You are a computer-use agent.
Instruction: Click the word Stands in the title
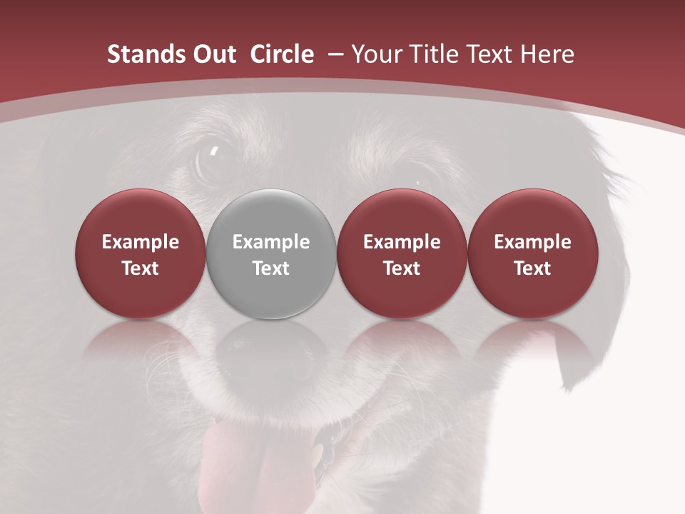[146, 54]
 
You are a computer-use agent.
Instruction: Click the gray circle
[271, 254]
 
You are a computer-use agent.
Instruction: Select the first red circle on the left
[140, 254]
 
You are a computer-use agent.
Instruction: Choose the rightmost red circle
[533, 254]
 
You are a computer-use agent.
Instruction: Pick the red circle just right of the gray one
[402, 254]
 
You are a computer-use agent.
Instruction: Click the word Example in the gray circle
[271, 242]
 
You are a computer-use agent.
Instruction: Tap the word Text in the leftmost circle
[140, 268]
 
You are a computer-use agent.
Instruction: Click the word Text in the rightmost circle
[533, 268]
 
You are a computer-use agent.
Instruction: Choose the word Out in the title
[212, 54]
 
